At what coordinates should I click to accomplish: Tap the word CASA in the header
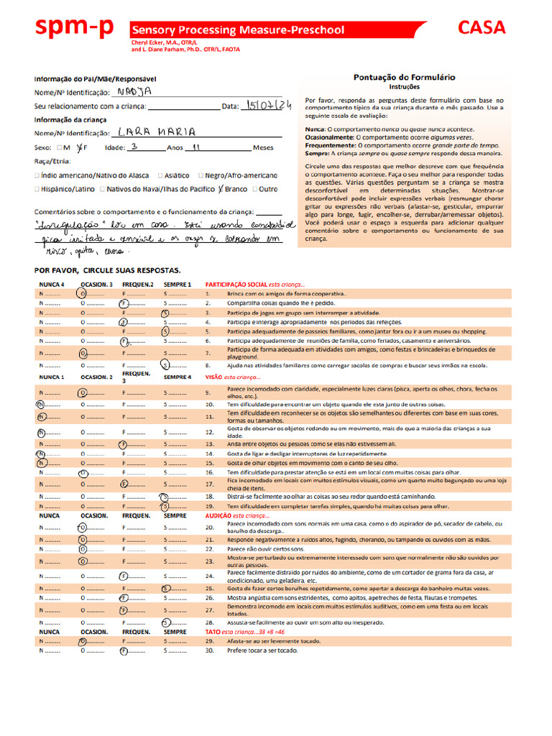[x=482, y=28]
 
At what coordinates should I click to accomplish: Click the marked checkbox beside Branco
[x=221, y=189]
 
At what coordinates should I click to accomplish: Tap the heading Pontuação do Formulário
[x=404, y=77]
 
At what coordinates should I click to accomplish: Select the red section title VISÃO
[x=214, y=377]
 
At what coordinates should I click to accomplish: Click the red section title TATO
[x=216, y=631]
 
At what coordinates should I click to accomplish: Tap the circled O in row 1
[x=83, y=294]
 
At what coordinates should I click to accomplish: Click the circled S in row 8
[x=165, y=365]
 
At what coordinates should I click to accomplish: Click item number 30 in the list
[x=209, y=650]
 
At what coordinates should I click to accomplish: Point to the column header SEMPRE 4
[x=177, y=377]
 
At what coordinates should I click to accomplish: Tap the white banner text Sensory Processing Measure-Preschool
[x=237, y=30]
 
